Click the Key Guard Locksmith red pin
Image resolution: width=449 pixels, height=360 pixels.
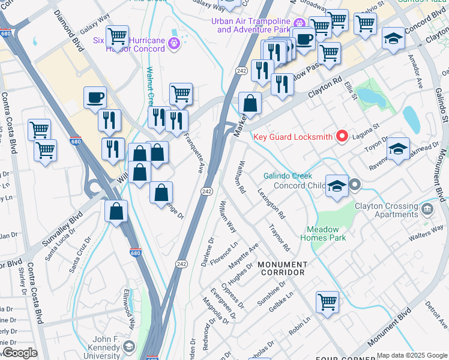pos(342,137)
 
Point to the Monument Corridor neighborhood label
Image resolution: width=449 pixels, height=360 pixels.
pos(282,268)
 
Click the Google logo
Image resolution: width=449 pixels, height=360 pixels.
pos(19,353)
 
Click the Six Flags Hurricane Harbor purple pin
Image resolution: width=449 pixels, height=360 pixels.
pos(174,43)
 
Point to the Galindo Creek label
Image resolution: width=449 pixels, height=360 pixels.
pos(288,176)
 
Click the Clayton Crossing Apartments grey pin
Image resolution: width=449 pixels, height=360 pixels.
pos(427,209)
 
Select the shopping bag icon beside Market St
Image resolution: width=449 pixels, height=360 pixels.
pos(250,104)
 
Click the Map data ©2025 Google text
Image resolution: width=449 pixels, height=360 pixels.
pos(411,355)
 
